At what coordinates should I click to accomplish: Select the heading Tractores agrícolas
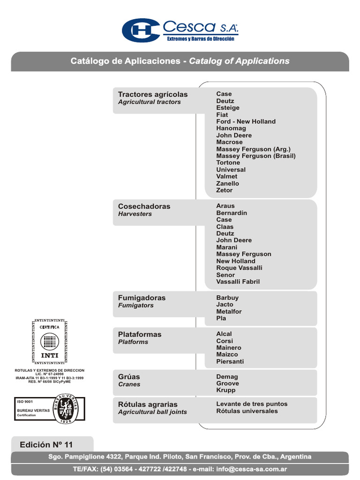[152, 94]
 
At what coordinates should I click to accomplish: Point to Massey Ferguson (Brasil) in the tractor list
[256, 156]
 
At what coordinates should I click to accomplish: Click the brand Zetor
[224, 190]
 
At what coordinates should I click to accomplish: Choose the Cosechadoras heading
[144, 206]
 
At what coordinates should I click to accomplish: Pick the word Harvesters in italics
[135, 214]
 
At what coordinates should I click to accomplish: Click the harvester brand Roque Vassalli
[239, 268]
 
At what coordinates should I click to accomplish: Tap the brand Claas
[225, 226]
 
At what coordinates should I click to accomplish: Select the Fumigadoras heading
[142, 298]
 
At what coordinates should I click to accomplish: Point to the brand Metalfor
[229, 311]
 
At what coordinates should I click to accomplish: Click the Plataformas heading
[140, 334]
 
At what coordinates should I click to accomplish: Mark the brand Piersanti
[230, 361]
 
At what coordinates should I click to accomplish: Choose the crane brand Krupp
[226, 390]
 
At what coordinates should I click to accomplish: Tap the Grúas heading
[129, 376]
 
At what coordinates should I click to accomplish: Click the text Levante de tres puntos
[252, 404]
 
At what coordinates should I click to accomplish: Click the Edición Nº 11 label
[46, 444]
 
